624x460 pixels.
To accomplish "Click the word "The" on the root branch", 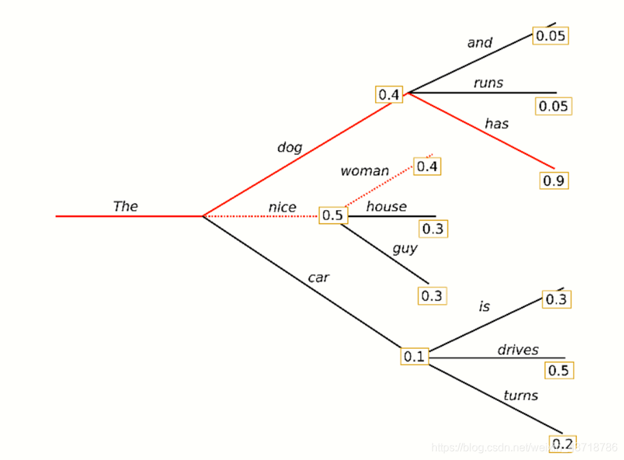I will [125, 206].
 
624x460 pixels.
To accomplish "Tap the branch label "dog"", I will [289, 147].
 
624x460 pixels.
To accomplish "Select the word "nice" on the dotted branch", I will [283, 207].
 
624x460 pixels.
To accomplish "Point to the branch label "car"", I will [318, 277].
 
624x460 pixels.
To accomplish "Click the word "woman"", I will [365, 171].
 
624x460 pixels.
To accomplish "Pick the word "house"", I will [386, 206].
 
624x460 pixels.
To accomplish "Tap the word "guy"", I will [405, 248].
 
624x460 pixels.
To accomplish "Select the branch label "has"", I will [496, 124].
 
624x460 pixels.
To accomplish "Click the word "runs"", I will [488, 83].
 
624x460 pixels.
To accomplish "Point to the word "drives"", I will [518, 349].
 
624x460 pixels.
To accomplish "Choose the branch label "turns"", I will [520, 395].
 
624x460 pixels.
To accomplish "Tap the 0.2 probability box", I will [563, 444].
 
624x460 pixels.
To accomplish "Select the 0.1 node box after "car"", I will [415, 356].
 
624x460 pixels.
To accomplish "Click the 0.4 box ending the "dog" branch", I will [389, 94].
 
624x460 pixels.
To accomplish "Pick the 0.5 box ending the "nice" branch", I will [333, 216].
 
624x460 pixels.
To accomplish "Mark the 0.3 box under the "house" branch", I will [433, 229].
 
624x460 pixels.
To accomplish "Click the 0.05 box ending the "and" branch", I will [551, 36].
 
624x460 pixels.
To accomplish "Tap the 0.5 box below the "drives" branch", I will [559, 371].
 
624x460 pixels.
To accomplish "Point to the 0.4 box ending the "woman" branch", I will [427, 166].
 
